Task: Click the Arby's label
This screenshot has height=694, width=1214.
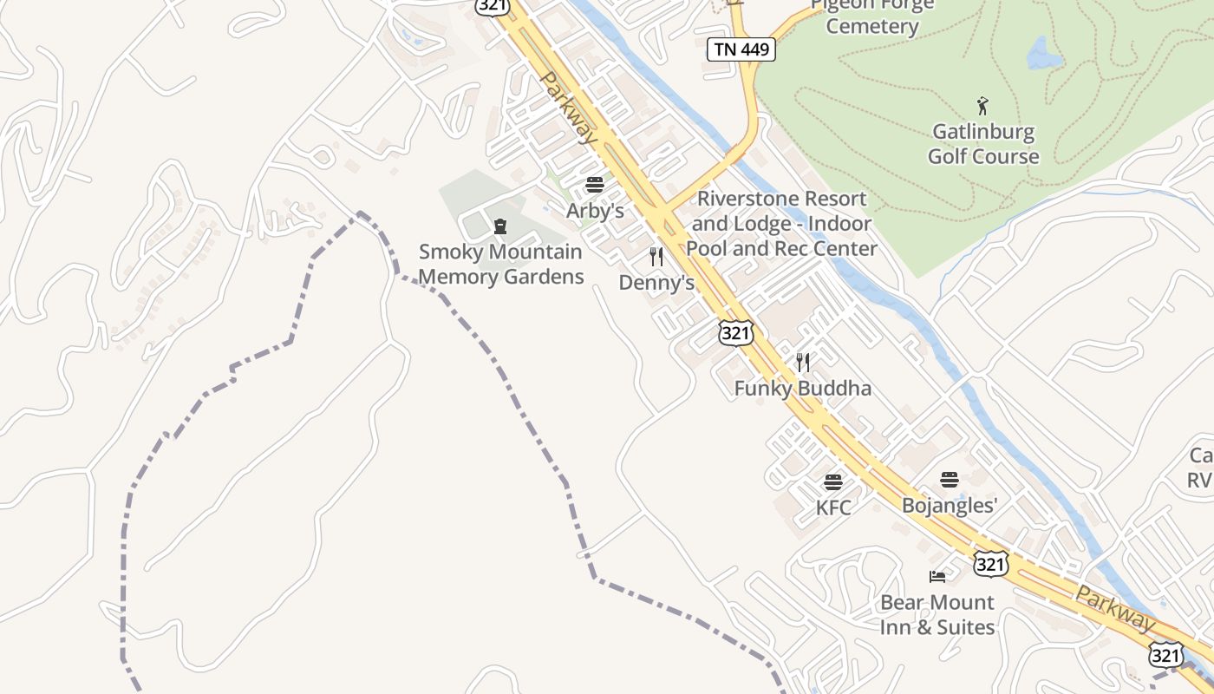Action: pyautogui.click(x=595, y=211)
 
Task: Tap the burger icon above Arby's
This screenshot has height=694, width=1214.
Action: pyautogui.click(x=595, y=185)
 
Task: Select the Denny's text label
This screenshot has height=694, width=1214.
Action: pyautogui.click(x=656, y=283)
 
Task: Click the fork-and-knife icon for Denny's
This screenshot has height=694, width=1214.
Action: pyautogui.click(x=656, y=257)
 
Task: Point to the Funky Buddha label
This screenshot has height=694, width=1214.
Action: pyautogui.click(x=802, y=388)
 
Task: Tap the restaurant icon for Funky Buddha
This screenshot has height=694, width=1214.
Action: pyautogui.click(x=803, y=362)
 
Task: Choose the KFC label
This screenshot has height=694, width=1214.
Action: pyautogui.click(x=833, y=507)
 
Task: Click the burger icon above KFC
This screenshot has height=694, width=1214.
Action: pyautogui.click(x=833, y=481)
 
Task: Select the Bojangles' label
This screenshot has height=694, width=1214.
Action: pyautogui.click(x=950, y=505)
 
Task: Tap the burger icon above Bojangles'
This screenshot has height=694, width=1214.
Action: pyautogui.click(x=950, y=479)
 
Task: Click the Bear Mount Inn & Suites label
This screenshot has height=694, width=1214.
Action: pyautogui.click(x=937, y=614)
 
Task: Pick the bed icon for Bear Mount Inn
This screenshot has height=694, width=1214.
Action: pyautogui.click(x=937, y=576)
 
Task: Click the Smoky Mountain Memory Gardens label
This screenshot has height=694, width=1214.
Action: pyautogui.click(x=500, y=264)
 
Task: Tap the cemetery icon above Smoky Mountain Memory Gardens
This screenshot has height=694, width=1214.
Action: pyautogui.click(x=500, y=227)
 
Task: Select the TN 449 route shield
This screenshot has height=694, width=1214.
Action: pyautogui.click(x=741, y=49)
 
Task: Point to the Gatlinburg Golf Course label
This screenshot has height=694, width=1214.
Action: pyautogui.click(x=983, y=144)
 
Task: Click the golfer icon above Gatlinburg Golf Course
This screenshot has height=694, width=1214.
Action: pyautogui.click(x=982, y=107)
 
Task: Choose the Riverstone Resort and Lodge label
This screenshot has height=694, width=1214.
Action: pyautogui.click(x=781, y=224)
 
